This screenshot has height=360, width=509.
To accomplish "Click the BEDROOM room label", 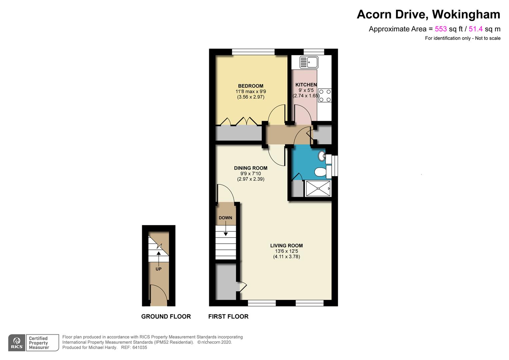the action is point(251,86).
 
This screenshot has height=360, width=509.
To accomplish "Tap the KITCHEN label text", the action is point(306,85).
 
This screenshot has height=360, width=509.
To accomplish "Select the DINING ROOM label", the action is point(251,168).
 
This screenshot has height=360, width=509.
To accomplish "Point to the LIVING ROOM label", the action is point(286,246).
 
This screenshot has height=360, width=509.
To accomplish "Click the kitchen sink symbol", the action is point(309,62).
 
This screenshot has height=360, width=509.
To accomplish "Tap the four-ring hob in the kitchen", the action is point(325,96).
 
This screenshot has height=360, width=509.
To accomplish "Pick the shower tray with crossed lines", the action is point(318,189).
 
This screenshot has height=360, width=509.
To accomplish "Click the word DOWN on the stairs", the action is point(226,218).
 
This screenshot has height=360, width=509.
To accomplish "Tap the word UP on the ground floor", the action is point(159,269).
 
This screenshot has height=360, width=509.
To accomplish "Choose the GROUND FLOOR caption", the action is point(166,317).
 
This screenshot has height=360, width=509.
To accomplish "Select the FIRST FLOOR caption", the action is point(229,317).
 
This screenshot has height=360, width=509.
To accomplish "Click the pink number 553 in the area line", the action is point(441,29).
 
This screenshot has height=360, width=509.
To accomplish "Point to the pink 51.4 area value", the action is point(476,29).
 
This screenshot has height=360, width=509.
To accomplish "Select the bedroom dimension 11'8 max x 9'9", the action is point(251,92).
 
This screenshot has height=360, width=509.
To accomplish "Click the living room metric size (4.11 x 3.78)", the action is point(286,257).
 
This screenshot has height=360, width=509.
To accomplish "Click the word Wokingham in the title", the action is point(466,14).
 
